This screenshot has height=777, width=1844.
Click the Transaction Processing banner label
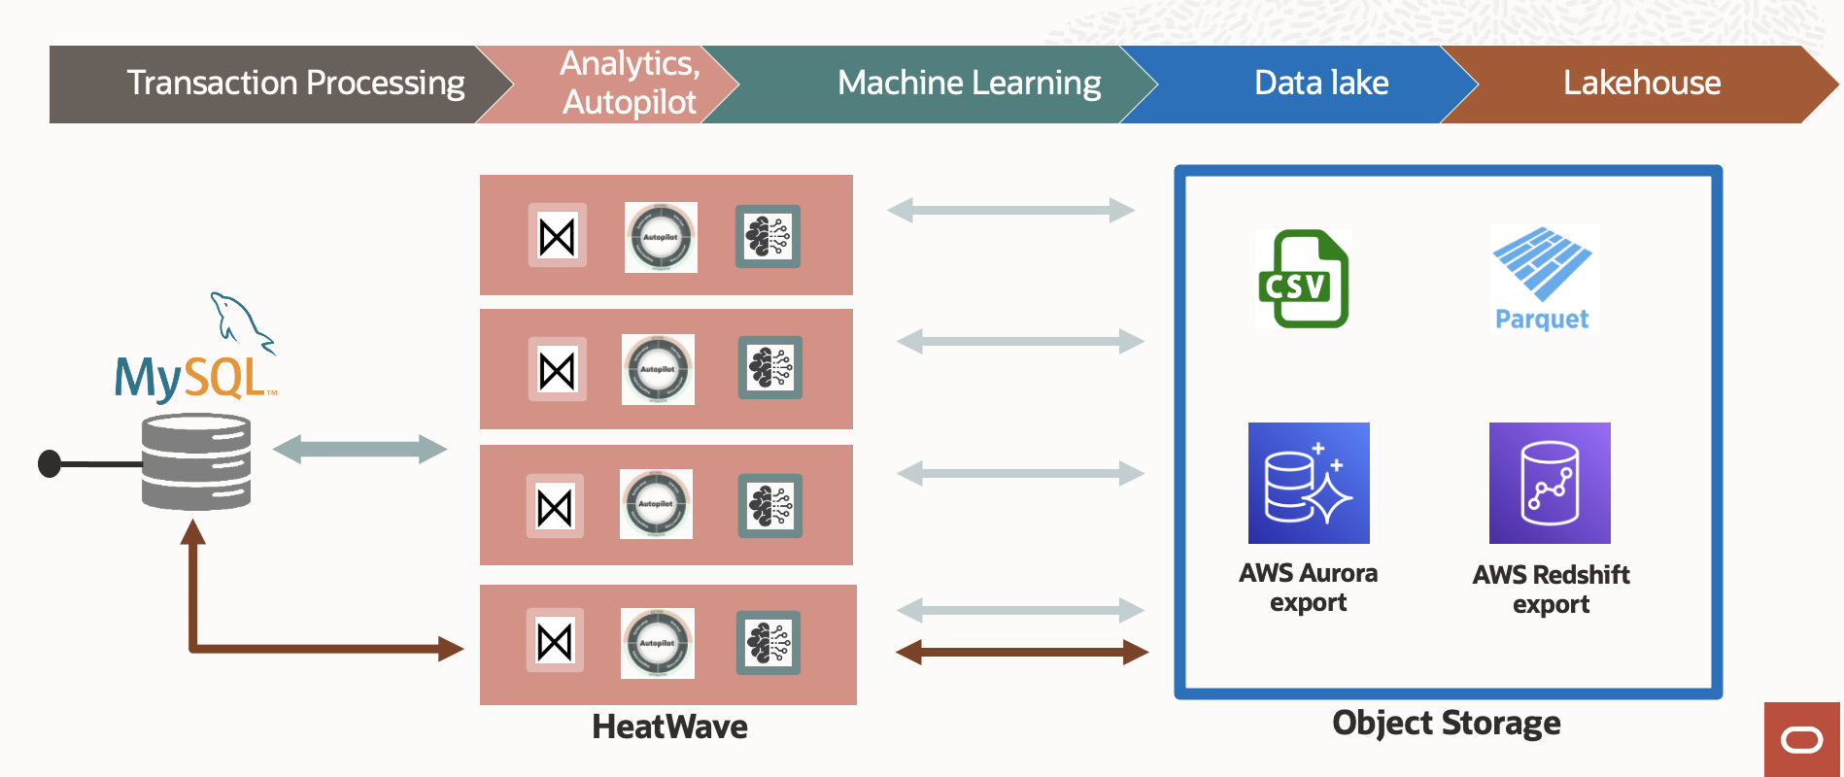click(x=295, y=84)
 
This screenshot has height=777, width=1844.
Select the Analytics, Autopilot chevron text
click(x=630, y=84)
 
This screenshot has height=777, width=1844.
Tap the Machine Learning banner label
click(x=969, y=84)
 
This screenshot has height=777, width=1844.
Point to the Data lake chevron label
click(x=1320, y=84)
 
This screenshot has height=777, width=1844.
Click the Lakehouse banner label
click(x=1641, y=84)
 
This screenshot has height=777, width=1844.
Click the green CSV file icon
click(x=1303, y=280)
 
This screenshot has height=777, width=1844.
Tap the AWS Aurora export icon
click(x=1309, y=483)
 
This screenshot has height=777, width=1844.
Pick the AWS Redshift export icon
click(x=1550, y=483)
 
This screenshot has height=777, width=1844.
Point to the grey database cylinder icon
click(x=196, y=461)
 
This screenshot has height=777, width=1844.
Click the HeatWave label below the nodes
click(x=669, y=726)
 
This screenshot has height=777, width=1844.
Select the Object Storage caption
click(x=1446, y=724)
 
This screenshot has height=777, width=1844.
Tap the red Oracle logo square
click(x=1802, y=740)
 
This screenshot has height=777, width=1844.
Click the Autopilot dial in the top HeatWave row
click(x=661, y=237)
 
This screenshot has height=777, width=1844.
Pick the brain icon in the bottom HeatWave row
click(x=768, y=643)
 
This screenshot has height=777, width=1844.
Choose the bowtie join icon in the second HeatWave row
click(x=557, y=370)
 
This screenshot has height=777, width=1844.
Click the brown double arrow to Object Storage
click(x=1022, y=652)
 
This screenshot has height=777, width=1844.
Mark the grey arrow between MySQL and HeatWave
click(x=359, y=449)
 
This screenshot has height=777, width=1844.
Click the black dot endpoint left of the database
click(x=50, y=464)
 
